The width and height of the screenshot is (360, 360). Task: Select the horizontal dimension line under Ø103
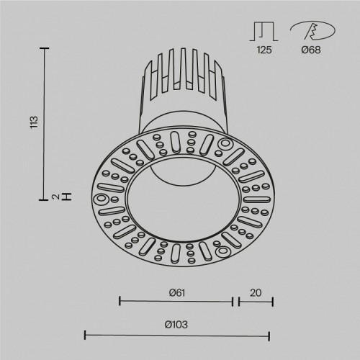pos(177,335)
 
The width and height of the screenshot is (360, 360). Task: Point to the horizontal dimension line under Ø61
pos(175,302)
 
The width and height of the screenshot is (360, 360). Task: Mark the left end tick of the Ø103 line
pos(86,335)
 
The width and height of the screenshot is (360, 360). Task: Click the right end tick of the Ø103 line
pos(269,335)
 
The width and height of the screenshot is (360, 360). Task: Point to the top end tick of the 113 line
pos(45,48)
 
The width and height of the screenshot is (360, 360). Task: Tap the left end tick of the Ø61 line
pos(119,302)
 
